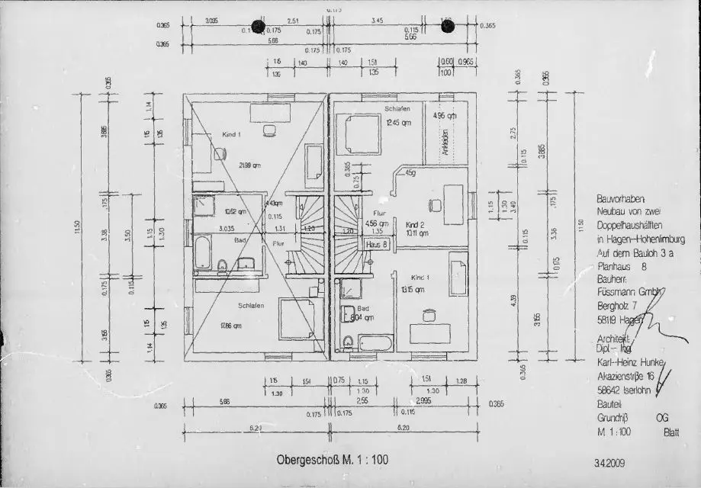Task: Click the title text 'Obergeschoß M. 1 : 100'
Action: click(x=332, y=460)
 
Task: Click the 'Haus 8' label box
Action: click(x=377, y=245)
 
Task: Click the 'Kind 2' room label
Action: click(x=415, y=226)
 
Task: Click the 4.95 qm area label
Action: click(x=444, y=116)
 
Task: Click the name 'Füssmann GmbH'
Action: click(x=627, y=294)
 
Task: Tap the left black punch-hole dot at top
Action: click(x=259, y=26)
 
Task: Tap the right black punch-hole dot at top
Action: click(x=448, y=26)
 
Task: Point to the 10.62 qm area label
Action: click(x=235, y=211)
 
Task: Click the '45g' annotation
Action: click(x=410, y=173)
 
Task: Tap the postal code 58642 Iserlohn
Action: click(x=623, y=390)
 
